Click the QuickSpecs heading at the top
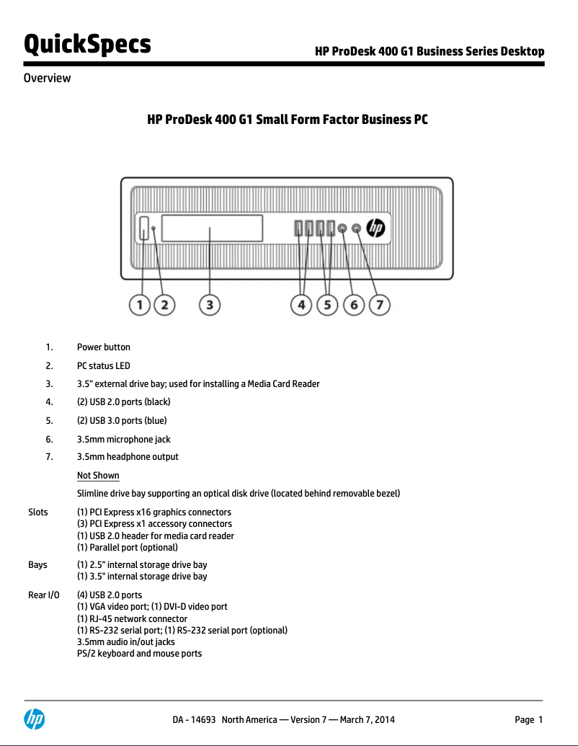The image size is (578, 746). [87, 44]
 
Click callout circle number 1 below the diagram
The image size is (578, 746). [140, 306]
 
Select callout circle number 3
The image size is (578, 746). [209, 306]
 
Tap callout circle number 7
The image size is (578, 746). [380, 306]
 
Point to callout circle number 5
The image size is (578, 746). [327, 306]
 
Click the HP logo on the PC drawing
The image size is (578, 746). [376, 228]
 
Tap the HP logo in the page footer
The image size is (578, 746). [35, 719]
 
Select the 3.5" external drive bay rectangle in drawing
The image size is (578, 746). [212, 228]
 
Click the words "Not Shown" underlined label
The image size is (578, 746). [98, 476]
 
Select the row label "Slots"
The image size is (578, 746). [38, 512]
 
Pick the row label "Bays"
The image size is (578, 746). [37, 565]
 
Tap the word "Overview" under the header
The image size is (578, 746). [47, 79]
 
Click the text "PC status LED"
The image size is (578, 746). [103, 366]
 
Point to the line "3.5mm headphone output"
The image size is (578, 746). [128, 457]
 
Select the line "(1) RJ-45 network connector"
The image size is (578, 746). [132, 619]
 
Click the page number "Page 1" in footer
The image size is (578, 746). [528, 719]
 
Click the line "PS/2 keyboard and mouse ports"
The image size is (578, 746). [139, 654]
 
